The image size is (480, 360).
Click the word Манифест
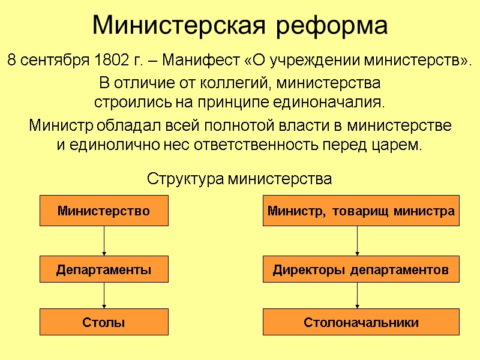click(x=200, y=61)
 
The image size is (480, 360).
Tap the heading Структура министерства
click(x=239, y=179)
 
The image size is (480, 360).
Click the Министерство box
click(x=104, y=211)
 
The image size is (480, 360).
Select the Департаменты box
click(x=104, y=270)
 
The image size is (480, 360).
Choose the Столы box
click(x=104, y=322)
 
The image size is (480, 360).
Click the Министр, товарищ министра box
click(x=361, y=211)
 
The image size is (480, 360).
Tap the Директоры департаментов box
click(x=361, y=270)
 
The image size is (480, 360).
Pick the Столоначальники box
click(x=361, y=322)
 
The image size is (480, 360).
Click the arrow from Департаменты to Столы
click(x=104, y=296)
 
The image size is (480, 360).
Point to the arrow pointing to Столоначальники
click(x=358, y=296)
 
